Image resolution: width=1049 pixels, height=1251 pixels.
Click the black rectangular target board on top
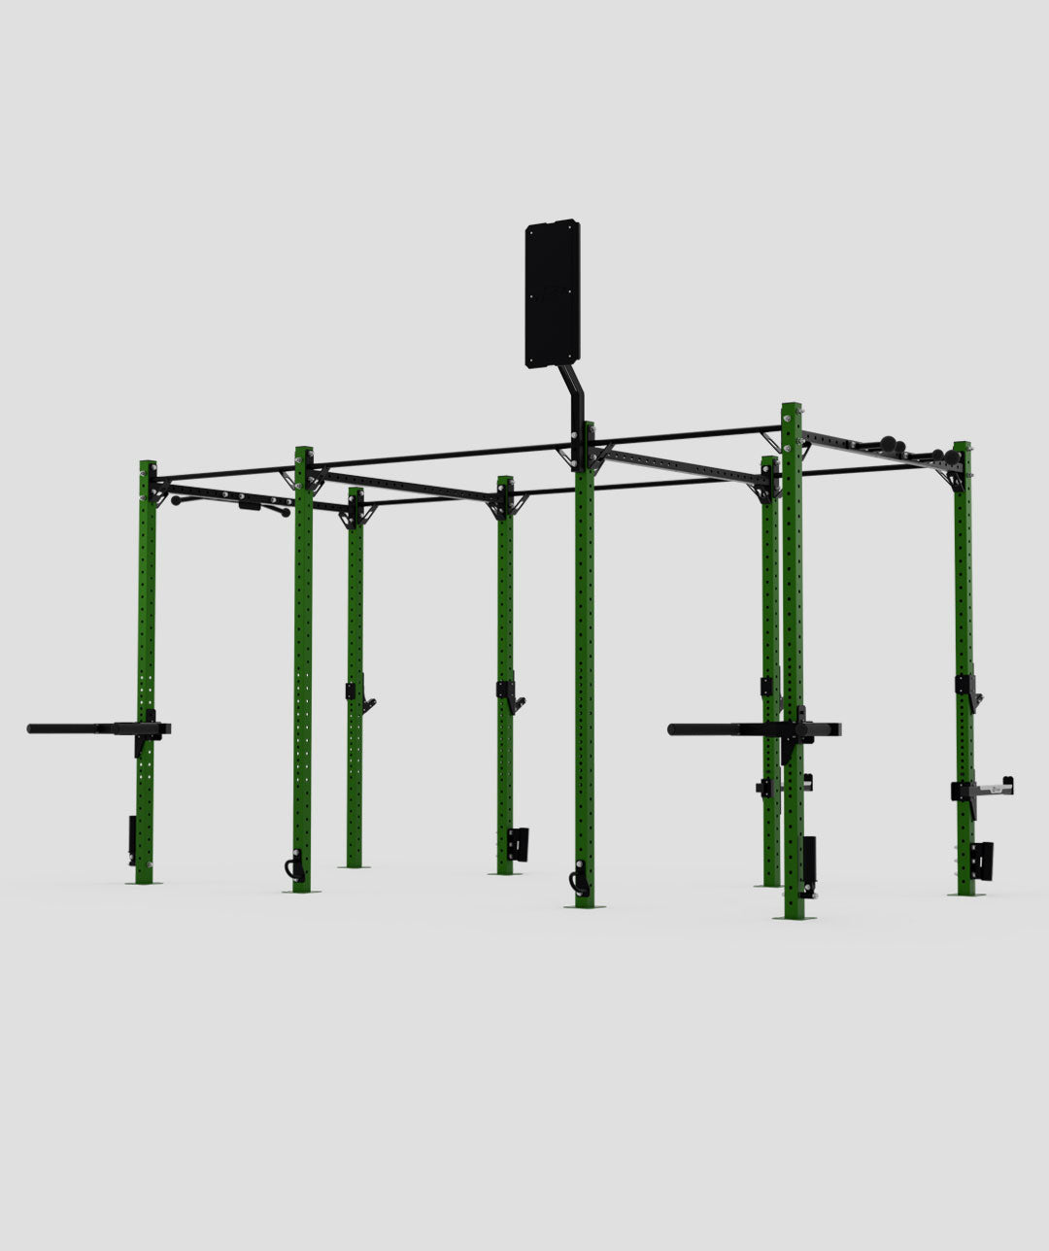(x=553, y=294)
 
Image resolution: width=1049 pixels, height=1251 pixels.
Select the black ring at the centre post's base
(x=579, y=881)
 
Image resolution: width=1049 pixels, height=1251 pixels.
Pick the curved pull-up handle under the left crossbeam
(x=233, y=503)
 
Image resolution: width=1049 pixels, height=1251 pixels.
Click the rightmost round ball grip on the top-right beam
(x=936, y=455)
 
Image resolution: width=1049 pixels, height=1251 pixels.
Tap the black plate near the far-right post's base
(x=982, y=861)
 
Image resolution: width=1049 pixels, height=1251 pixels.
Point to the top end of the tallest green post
(x=792, y=408)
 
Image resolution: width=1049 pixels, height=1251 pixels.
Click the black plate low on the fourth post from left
(x=518, y=843)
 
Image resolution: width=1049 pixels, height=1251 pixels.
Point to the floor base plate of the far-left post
(x=145, y=882)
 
